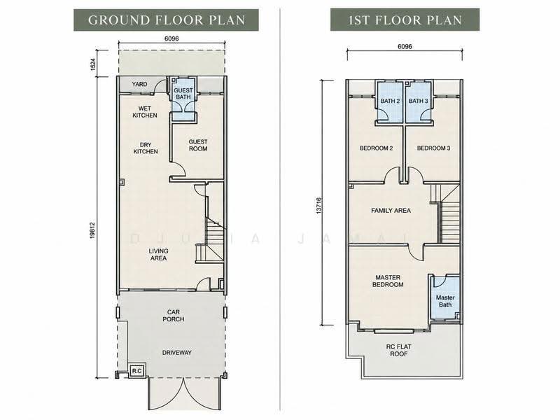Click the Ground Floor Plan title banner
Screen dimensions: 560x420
[166, 20]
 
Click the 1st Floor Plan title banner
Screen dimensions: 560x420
[405, 20]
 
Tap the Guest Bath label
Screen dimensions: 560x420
[183, 94]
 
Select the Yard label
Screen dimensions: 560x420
[139, 84]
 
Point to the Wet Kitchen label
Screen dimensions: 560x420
[145, 112]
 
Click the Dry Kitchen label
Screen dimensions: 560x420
[146, 148]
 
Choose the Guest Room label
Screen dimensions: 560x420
[198, 145]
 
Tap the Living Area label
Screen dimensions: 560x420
[158, 254]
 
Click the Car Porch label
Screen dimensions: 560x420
[173, 316]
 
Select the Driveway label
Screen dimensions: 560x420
[177, 353]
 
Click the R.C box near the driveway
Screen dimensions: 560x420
[136, 371]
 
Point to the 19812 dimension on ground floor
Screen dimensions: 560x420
[92, 230]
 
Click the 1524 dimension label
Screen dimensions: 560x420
[93, 64]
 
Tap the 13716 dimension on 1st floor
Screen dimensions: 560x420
[318, 206]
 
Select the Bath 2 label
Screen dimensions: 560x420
[390, 101]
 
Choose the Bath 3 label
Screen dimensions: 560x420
[418, 101]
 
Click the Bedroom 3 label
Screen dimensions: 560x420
[433, 148]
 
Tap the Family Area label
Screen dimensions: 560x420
[391, 211]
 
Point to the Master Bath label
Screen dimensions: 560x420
[445, 301]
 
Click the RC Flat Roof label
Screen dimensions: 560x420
[398, 350]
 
